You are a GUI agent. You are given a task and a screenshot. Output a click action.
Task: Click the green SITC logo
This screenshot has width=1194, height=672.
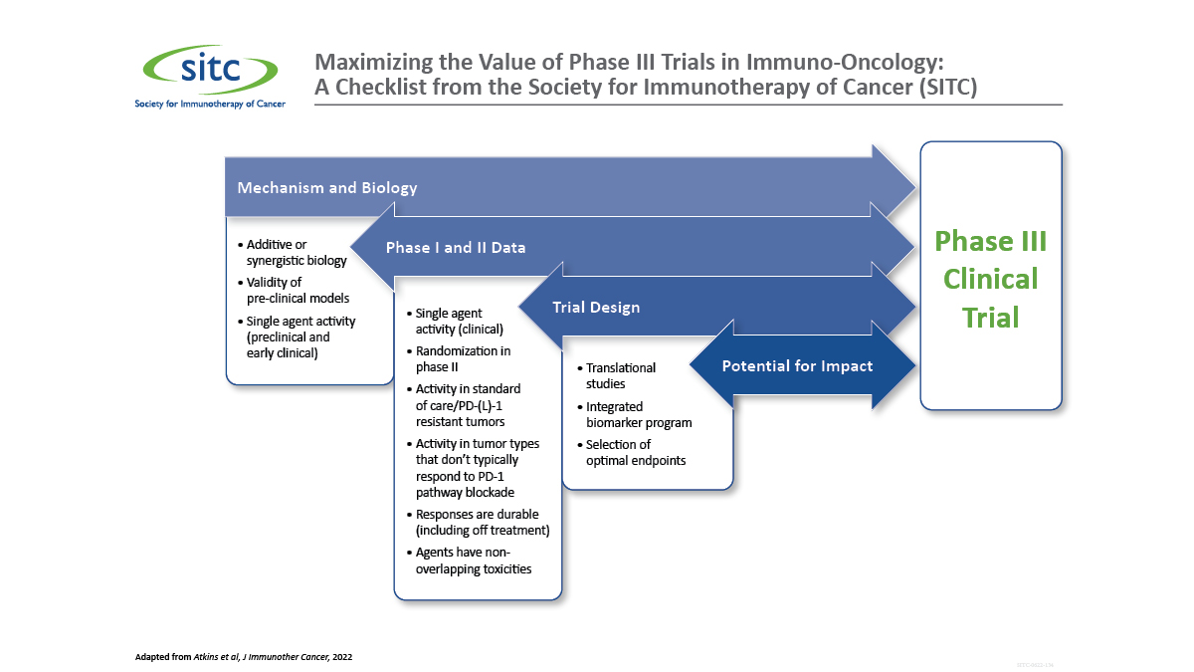click(208, 70)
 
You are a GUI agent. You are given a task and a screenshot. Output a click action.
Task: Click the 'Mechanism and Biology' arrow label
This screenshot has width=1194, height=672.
click(326, 187)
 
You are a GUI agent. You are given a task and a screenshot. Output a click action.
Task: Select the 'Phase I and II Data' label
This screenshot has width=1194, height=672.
click(456, 247)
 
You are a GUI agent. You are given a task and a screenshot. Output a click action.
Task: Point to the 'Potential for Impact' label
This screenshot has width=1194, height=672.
click(797, 365)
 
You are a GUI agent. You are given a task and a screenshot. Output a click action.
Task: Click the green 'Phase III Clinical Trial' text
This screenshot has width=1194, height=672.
click(991, 280)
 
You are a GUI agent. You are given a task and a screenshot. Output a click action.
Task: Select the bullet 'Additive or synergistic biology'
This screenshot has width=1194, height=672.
click(296, 252)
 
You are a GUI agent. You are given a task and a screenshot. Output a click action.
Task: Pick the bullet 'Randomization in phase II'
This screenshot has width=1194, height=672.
click(463, 358)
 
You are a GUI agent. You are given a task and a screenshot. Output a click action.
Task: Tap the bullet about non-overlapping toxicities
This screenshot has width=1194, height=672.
click(473, 560)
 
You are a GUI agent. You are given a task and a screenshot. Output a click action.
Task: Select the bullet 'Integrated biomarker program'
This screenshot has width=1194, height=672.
click(638, 414)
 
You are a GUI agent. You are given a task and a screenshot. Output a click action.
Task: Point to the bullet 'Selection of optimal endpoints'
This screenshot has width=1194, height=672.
click(636, 452)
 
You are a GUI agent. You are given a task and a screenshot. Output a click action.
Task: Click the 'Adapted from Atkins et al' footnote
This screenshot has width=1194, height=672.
click(244, 657)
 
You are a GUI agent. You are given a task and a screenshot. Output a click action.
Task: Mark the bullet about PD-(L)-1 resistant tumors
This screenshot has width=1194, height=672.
click(468, 405)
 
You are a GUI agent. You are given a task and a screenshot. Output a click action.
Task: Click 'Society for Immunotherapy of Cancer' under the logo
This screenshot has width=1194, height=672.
click(210, 104)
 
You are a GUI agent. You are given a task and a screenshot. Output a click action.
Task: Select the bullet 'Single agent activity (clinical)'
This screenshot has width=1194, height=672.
click(459, 321)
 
